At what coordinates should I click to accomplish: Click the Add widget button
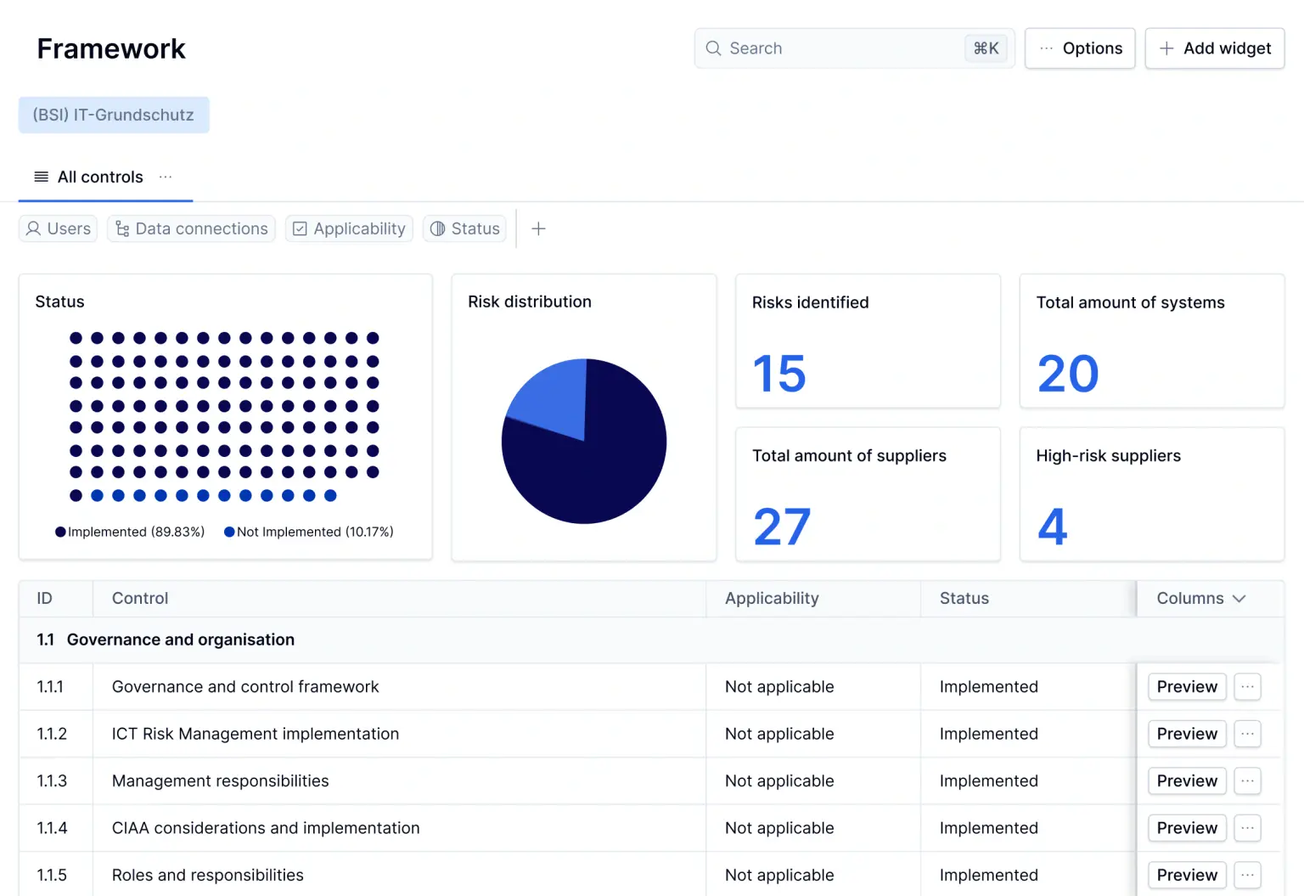coord(1214,48)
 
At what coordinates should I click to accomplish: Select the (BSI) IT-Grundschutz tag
coord(114,115)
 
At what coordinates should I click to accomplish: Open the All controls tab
coord(100,177)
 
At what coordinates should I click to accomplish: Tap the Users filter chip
coord(58,228)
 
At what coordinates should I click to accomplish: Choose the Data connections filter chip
coord(191,228)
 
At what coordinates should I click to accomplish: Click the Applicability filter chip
coord(349,228)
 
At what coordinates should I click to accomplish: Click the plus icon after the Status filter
coord(538,228)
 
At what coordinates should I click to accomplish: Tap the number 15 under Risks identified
coord(778,374)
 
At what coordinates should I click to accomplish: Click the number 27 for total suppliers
coord(782,527)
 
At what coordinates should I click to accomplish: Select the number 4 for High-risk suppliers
coord(1052,527)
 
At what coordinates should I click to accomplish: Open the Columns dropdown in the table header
coord(1200,598)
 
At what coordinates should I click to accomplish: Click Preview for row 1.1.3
coord(1186,780)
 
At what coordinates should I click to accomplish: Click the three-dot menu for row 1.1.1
coord(1247,686)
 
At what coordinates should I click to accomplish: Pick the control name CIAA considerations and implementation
coord(266,828)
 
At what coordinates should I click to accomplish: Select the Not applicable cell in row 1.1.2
coord(778,734)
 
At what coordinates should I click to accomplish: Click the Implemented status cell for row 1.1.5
coord(988,875)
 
